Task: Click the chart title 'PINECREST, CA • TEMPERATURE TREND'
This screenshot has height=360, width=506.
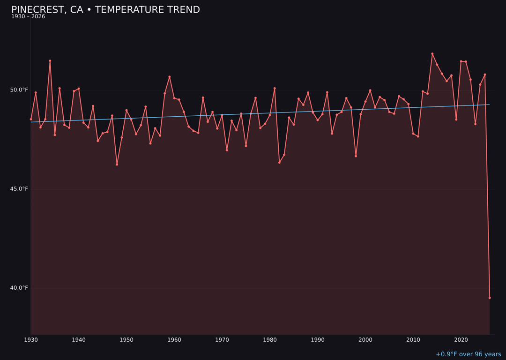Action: (105, 10)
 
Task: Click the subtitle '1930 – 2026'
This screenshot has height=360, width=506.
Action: (28, 17)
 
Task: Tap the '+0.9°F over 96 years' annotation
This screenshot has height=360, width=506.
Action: (468, 354)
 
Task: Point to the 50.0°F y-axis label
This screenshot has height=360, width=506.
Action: (20, 90)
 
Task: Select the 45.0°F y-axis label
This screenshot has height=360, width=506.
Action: (20, 189)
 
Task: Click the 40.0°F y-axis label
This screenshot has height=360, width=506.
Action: (20, 288)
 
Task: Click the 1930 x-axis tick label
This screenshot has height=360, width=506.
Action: (31, 339)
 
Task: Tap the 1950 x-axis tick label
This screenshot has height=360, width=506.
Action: (126, 339)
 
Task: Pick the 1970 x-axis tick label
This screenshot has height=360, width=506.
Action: (222, 339)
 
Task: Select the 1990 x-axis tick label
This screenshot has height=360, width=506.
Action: (318, 339)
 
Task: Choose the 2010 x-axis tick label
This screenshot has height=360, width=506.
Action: (413, 339)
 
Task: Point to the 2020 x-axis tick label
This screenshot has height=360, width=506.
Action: (461, 339)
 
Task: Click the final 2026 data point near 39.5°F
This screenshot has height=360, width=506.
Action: (490, 298)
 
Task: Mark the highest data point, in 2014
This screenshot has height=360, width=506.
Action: (432, 54)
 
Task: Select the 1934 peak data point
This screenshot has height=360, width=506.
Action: (50, 61)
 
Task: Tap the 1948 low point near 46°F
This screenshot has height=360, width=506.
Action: (117, 165)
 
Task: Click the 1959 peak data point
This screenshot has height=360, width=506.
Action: (170, 77)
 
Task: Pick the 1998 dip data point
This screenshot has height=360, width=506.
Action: (356, 156)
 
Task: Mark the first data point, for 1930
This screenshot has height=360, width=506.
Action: (31, 119)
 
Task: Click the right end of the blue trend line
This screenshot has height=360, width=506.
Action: (490, 105)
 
